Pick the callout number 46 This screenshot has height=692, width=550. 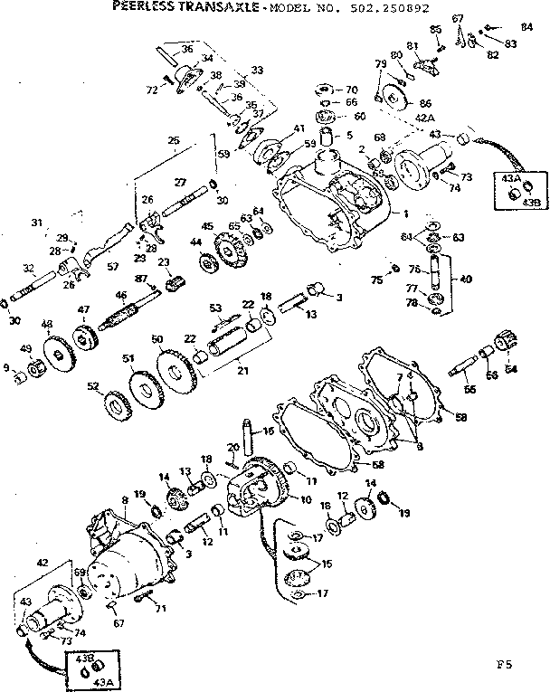119,296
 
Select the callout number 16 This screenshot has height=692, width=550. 269,431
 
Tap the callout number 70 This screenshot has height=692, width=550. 352,90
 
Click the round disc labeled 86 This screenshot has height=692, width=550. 394,96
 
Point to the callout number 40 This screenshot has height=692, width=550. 466,279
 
